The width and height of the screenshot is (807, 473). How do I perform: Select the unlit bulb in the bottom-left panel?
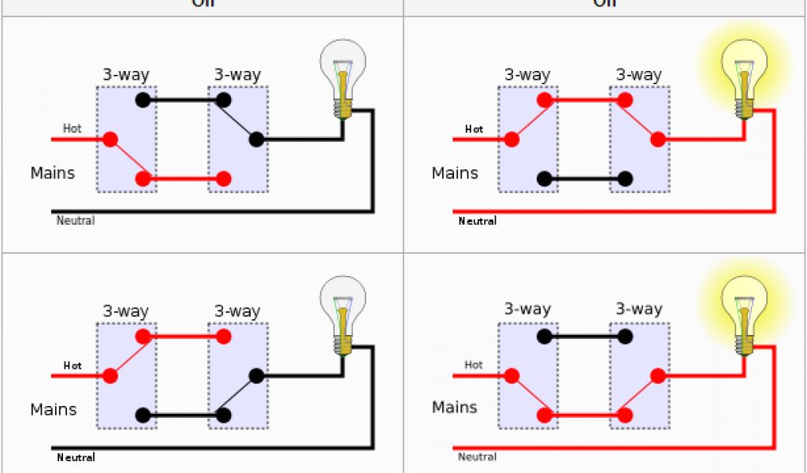pos(342,311)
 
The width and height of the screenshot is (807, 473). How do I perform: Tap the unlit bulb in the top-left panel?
pos(342,75)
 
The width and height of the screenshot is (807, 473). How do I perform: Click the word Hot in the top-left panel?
pos(72,128)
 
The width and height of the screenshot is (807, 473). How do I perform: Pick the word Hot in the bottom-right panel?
pos(474,365)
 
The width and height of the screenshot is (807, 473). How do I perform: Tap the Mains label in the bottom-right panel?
pos(455,408)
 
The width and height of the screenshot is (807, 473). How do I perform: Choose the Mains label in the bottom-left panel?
pos(53,410)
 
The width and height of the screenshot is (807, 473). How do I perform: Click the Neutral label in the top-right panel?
pos(478,222)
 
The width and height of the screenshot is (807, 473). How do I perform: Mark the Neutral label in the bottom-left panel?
pos(76,457)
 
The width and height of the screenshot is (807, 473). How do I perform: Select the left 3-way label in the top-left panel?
pos(125,76)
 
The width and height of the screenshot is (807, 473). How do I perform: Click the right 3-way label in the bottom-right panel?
pos(638,309)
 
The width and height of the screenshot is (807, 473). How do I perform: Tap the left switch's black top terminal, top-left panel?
pos(143,100)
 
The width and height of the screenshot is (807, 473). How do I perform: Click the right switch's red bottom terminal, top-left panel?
pos(224,179)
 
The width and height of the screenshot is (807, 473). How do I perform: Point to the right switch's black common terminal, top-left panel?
pos(256,140)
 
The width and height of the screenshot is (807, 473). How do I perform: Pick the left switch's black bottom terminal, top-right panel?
pos(544,179)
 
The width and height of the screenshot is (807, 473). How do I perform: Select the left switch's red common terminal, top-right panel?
pos(511,140)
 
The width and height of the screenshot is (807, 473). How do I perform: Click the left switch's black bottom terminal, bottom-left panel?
pos(143,415)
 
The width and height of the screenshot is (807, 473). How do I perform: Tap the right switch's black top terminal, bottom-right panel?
pos(625,337)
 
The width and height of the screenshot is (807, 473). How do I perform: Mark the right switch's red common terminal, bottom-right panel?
pos(657,376)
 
